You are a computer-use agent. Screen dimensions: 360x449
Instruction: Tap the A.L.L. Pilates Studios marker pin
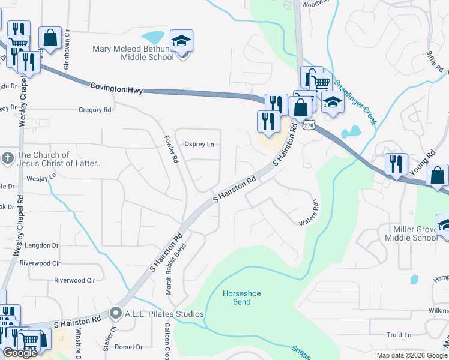[116, 313]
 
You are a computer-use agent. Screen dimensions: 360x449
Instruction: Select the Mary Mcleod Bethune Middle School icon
[181, 41]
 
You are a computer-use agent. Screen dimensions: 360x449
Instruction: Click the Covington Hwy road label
[116, 88]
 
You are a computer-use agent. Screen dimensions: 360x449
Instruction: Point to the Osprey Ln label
[199, 144]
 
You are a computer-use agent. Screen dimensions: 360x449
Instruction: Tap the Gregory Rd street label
[95, 110]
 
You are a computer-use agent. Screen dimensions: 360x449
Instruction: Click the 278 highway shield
[309, 125]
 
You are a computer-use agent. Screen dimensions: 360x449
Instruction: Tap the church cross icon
[7, 158]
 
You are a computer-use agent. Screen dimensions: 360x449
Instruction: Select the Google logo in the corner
[20, 353]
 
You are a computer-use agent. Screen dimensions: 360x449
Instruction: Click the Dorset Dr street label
[129, 347]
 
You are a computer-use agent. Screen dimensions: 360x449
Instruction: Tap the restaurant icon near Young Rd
[396, 163]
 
